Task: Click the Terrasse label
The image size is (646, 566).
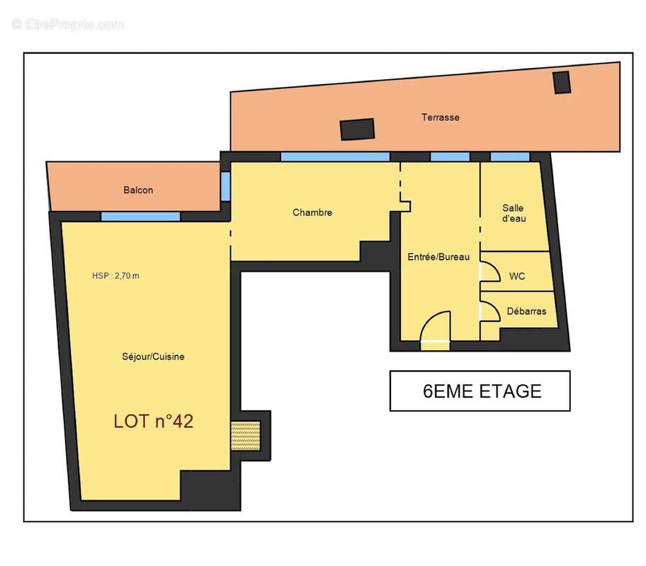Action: [440, 117]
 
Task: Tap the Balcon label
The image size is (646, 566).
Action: [138, 190]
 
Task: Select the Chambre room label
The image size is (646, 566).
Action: [312, 212]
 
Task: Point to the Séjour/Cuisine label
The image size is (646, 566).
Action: [153, 357]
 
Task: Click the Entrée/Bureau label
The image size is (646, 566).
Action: [438, 257]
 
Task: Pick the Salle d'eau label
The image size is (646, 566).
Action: [514, 213]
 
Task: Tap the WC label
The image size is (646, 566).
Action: [517, 276]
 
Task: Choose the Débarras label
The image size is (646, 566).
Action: [526, 311]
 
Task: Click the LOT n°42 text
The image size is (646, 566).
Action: [153, 421]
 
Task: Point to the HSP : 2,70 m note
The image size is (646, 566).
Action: [115, 276]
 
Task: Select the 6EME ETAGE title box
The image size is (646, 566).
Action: [480, 391]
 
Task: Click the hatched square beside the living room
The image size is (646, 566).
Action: [246, 436]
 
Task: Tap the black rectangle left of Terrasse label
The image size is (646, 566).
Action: [357, 129]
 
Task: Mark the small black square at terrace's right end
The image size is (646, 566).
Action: [562, 82]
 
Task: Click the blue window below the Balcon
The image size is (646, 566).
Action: [140, 216]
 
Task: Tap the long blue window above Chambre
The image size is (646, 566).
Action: [335, 156]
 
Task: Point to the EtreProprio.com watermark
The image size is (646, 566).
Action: [68, 25]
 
